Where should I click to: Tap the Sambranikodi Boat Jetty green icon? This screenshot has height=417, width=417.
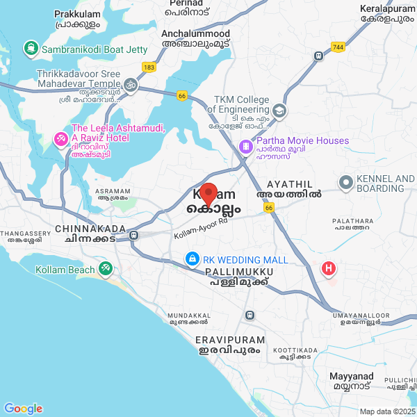[31, 49]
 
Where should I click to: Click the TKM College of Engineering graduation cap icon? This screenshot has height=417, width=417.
[279, 110]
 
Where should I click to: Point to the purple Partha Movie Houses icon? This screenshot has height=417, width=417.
[245, 147]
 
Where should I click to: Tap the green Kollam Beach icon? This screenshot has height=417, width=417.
[105, 267]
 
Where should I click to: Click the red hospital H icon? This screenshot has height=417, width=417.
[328, 268]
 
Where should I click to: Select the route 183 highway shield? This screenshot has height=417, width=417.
[149, 67]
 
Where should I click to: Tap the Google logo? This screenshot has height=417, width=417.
[23, 409]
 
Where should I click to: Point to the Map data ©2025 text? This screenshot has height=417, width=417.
[387, 411]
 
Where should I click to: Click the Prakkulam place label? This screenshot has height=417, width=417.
[76, 14]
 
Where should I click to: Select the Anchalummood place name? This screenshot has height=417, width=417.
[195, 33]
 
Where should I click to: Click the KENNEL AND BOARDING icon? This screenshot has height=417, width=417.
[345, 183]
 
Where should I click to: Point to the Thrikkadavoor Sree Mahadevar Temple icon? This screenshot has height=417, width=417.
[129, 84]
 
